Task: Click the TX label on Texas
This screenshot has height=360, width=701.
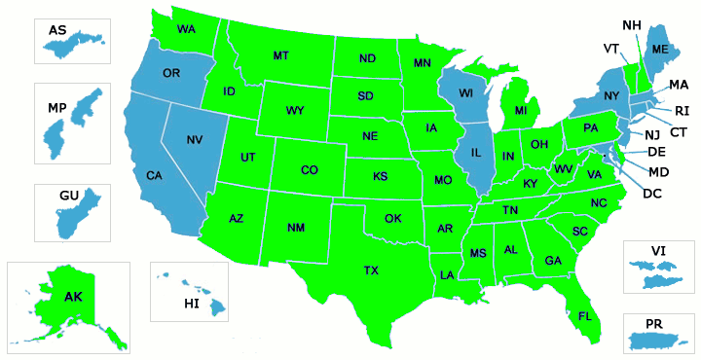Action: (x=371, y=270)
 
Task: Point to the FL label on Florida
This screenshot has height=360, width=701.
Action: (x=585, y=316)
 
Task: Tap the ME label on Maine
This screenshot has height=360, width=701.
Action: (x=660, y=49)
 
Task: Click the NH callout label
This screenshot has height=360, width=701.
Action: (x=631, y=24)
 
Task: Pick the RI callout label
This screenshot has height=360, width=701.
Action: (x=682, y=111)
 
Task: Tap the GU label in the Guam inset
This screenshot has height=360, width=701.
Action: (x=68, y=196)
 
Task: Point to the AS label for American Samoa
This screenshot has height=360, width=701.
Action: (x=57, y=31)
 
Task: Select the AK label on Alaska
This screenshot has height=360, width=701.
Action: (x=73, y=297)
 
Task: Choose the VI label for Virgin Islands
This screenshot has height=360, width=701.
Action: (x=658, y=251)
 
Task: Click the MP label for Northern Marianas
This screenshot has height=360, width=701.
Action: (x=56, y=105)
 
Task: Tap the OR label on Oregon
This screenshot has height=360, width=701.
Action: (x=171, y=74)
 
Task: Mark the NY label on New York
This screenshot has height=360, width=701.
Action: (x=611, y=95)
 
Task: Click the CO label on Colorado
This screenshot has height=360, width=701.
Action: (x=309, y=170)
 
